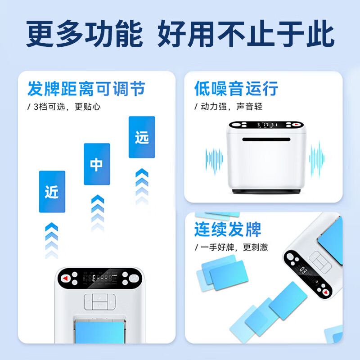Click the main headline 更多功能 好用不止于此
(x=180, y=34)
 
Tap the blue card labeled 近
(x=52, y=191)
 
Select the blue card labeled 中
(x=97, y=164)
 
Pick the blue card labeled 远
(x=142, y=137)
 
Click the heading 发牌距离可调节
(x=86, y=88)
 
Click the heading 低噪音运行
(x=236, y=88)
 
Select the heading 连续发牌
(x=228, y=229)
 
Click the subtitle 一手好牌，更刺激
(x=231, y=247)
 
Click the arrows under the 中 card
(x=97, y=211)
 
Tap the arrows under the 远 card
(x=142, y=184)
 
